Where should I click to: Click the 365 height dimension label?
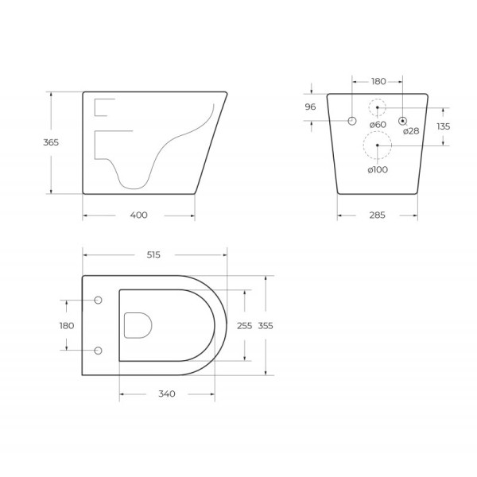[51, 142]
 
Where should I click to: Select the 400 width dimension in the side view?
[138, 215]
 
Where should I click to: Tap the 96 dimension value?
[311, 107]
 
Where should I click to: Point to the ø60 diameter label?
[378, 125]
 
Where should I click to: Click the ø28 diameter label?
[410, 131]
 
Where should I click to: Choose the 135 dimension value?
[443, 126]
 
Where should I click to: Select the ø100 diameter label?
[378, 169]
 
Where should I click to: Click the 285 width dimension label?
[378, 215]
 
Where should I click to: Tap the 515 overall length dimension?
[153, 254]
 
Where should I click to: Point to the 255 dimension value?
[245, 325]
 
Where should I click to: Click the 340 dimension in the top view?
[166, 394]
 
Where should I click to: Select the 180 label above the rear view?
[378, 81]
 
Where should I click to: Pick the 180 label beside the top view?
[66, 325]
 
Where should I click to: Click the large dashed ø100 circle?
[377, 146]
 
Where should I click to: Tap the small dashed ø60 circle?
[377, 107]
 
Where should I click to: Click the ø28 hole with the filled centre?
[403, 121]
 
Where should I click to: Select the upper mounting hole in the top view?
[99, 301]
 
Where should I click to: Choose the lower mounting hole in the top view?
[99, 350]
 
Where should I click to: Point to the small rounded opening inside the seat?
[138, 324]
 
